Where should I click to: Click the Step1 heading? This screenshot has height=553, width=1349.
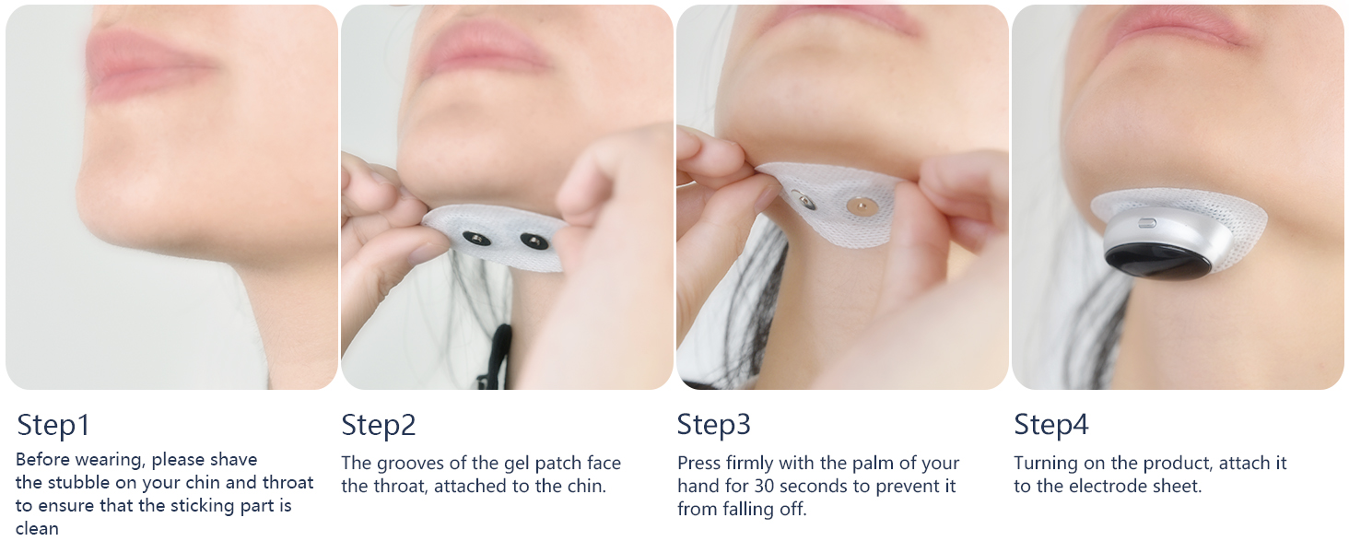(53, 425)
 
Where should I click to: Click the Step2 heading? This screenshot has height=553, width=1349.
(379, 425)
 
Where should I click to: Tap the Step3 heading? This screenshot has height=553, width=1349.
(713, 425)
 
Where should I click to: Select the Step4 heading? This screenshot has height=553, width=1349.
(1050, 425)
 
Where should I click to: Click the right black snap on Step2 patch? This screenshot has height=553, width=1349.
(532, 241)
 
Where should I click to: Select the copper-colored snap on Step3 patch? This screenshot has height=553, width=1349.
(861, 203)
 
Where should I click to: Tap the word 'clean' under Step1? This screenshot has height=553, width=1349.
(37, 528)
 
